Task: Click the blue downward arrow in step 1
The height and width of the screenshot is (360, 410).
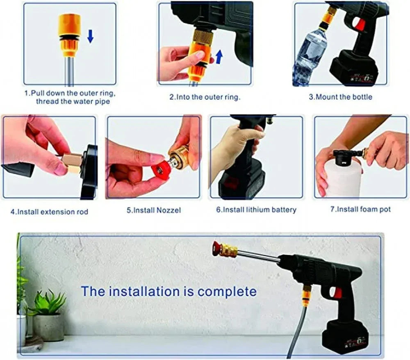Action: click(x=90, y=37)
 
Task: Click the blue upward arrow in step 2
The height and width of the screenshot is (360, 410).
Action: click(x=219, y=56)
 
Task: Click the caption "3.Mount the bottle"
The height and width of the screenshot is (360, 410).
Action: click(x=340, y=97)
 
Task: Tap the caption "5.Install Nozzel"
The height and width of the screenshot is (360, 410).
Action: click(x=153, y=210)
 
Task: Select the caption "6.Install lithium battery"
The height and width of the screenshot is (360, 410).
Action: click(x=256, y=210)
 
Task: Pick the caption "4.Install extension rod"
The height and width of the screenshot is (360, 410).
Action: click(x=49, y=212)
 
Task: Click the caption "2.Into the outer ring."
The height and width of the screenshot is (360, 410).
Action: click(x=205, y=97)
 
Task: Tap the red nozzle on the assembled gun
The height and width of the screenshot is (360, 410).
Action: click(x=216, y=248)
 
